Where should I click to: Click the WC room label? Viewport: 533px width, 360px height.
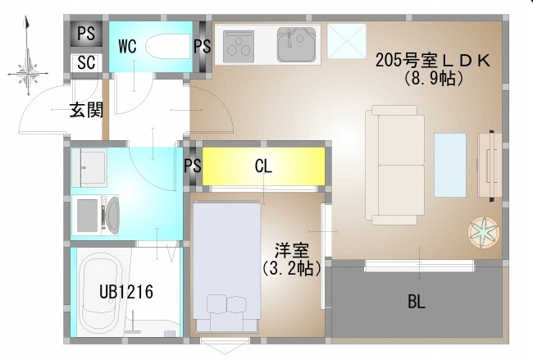pos(127,46)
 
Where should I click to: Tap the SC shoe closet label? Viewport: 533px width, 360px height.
pos(86,62)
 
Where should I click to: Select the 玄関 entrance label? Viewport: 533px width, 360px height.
pos(86,109)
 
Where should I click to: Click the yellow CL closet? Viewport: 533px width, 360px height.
pos(263,166)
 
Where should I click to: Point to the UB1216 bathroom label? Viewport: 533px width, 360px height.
pos(126,292)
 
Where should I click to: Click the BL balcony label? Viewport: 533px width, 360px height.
pos(417,301)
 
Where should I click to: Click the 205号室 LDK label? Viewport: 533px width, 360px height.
pos(433,61)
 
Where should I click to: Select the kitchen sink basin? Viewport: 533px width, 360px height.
pos(296,44)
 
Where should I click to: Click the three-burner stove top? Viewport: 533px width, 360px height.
pos(239,47)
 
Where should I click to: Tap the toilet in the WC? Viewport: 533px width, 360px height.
pos(167,46)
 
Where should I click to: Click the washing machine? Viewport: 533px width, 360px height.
pos(95,215)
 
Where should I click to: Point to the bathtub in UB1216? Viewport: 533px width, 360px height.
pos(100,293)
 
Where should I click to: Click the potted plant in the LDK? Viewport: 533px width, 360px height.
pos(484,233)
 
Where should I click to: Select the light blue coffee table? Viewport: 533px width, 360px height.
pos(449,165)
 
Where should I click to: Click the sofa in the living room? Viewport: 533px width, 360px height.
pos(394,165)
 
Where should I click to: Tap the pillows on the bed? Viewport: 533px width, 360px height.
pos(226,304)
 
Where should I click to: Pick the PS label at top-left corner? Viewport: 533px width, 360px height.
pos(86,34)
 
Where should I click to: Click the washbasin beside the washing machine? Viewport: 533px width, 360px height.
pos(89,167)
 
